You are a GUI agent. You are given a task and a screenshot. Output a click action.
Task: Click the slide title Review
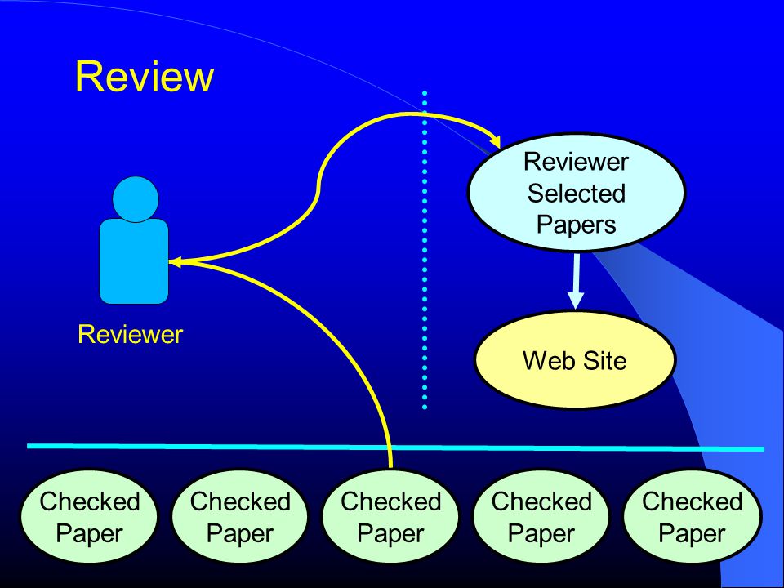[145, 77]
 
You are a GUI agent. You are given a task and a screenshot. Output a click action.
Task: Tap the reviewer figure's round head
[136, 199]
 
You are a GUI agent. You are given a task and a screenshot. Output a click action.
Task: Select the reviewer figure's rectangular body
[134, 261]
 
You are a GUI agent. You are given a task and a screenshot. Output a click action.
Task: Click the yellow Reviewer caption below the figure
[130, 335]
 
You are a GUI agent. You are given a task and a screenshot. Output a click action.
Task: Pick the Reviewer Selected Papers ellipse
[576, 192]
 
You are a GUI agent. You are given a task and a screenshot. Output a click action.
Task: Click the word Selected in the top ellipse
[576, 193]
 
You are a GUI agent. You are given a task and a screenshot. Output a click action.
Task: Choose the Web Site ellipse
[575, 360]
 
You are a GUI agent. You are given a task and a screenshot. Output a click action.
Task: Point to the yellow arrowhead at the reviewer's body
[175, 261]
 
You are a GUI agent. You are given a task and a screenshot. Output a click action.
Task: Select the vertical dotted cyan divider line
[425, 250]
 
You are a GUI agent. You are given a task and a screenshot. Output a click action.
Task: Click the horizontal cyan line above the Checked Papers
[395, 448]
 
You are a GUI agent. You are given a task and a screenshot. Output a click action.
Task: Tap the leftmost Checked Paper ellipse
[89, 516]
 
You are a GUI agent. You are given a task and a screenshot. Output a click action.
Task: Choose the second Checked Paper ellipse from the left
[240, 516]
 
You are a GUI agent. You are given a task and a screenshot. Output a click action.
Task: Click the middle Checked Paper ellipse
[390, 516]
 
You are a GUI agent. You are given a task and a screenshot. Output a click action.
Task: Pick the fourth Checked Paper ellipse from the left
[541, 516]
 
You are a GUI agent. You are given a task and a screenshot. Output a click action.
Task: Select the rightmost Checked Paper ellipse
[693, 516]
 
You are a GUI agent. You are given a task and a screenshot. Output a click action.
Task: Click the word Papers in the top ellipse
[576, 225]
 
